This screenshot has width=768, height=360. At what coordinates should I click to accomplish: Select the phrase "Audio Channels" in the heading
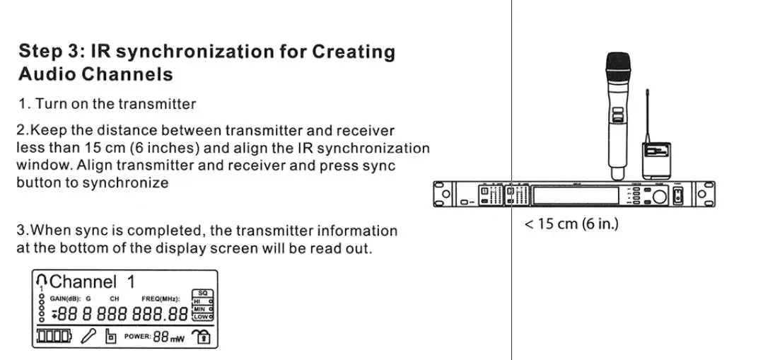[95, 74]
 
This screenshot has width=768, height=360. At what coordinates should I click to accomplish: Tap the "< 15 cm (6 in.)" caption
[571, 225]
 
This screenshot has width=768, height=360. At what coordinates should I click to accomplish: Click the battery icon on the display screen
[54, 336]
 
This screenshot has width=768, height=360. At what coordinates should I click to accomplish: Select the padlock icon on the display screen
[203, 337]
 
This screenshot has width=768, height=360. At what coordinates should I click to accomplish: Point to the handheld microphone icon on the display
[88, 337]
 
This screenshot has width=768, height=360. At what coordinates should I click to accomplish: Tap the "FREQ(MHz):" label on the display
[161, 298]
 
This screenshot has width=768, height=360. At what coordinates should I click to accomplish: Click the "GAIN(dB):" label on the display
[64, 298]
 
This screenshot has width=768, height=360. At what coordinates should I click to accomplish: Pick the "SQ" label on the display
[202, 293]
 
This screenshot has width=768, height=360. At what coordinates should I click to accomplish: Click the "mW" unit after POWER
[178, 339]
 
